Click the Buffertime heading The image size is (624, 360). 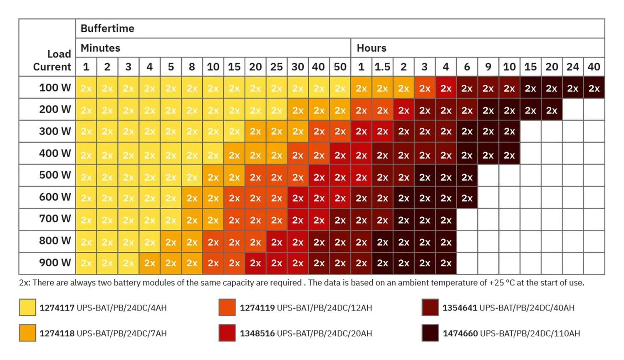point(107,28)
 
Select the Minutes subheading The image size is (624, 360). point(100,48)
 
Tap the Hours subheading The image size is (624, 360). point(371,48)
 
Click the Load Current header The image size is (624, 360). point(52,60)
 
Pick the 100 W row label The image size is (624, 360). point(55,87)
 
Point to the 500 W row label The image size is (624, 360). point(55,175)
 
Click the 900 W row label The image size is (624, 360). point(55,263)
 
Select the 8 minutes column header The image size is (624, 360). point(192,67)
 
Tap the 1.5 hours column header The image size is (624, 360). point(382,67)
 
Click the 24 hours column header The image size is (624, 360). point(573,67)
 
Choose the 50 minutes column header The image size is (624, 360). point(340,67)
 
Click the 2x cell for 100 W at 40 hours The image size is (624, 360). point(594,88)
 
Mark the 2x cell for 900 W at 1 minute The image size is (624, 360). point(86,263)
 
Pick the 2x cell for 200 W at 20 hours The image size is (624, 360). point(552,110)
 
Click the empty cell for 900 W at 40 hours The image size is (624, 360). point(594,263)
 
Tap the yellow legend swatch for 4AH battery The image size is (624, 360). point(27,308)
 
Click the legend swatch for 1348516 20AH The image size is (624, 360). point(227,333)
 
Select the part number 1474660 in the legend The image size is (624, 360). point(460,333)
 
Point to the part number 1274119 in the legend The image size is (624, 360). point(257,308)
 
